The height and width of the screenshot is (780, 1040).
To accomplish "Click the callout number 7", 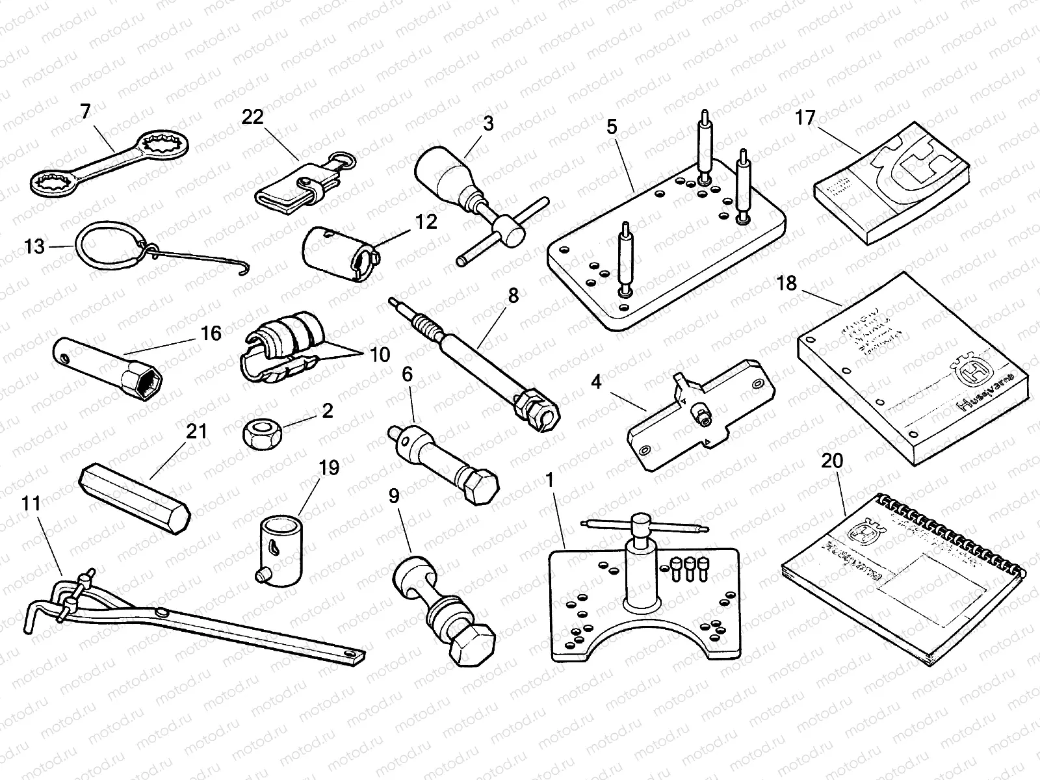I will pyautogui.click(x=86, y=112).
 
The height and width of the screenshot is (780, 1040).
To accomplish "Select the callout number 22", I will pyautogui.click(x=253, y=117).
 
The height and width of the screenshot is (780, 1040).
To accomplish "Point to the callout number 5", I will pyautogui.click(x=612, y=127).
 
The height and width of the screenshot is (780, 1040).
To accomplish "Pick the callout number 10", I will pyautogui.click(x=380, y=355).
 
